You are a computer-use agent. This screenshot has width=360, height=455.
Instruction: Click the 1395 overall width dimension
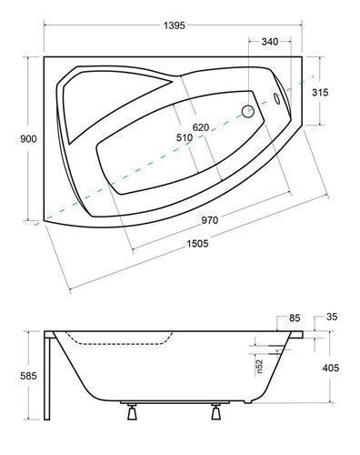click(174, 25)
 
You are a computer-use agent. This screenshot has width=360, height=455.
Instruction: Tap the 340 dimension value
click(270, 41)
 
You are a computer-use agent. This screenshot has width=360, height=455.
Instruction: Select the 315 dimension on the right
click(320, 92)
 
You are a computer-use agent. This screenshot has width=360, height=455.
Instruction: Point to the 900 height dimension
click(28, 138)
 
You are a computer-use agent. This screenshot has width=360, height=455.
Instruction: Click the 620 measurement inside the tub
click(201, 127)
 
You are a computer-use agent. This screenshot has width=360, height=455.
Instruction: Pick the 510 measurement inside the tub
click(185, 137)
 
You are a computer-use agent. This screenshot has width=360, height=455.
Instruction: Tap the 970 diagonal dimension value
click(210, 220)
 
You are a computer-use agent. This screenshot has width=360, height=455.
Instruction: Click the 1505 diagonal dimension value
click(197, 243)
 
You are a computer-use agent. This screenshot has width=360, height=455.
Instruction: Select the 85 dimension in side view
click(295, 318)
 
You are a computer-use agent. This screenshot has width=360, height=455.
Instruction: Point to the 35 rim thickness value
click(332, 317)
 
